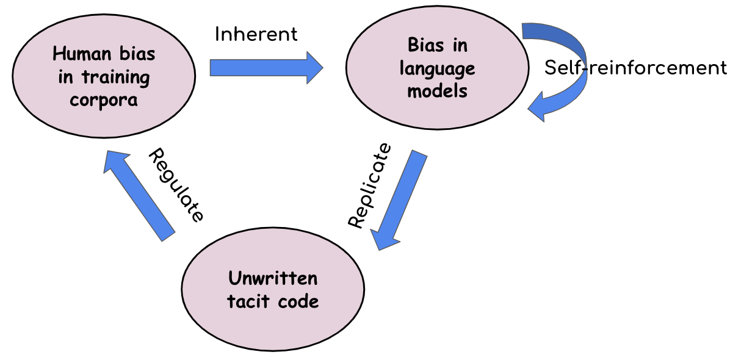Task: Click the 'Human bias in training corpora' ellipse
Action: (x=104, y=76)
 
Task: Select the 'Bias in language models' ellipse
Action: (x=437, y=68)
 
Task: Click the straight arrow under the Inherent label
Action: (x=262, y=67)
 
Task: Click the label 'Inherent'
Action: (x=256, y=34)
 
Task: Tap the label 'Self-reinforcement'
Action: (x=635, y=68)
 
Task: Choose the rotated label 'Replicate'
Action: (x=369, y=185)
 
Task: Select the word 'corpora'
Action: (x=104, y=99)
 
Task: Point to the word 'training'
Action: (x=120, y=77)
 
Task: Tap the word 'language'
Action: (x=437, y=68)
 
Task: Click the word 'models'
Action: (x=437, y=91)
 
